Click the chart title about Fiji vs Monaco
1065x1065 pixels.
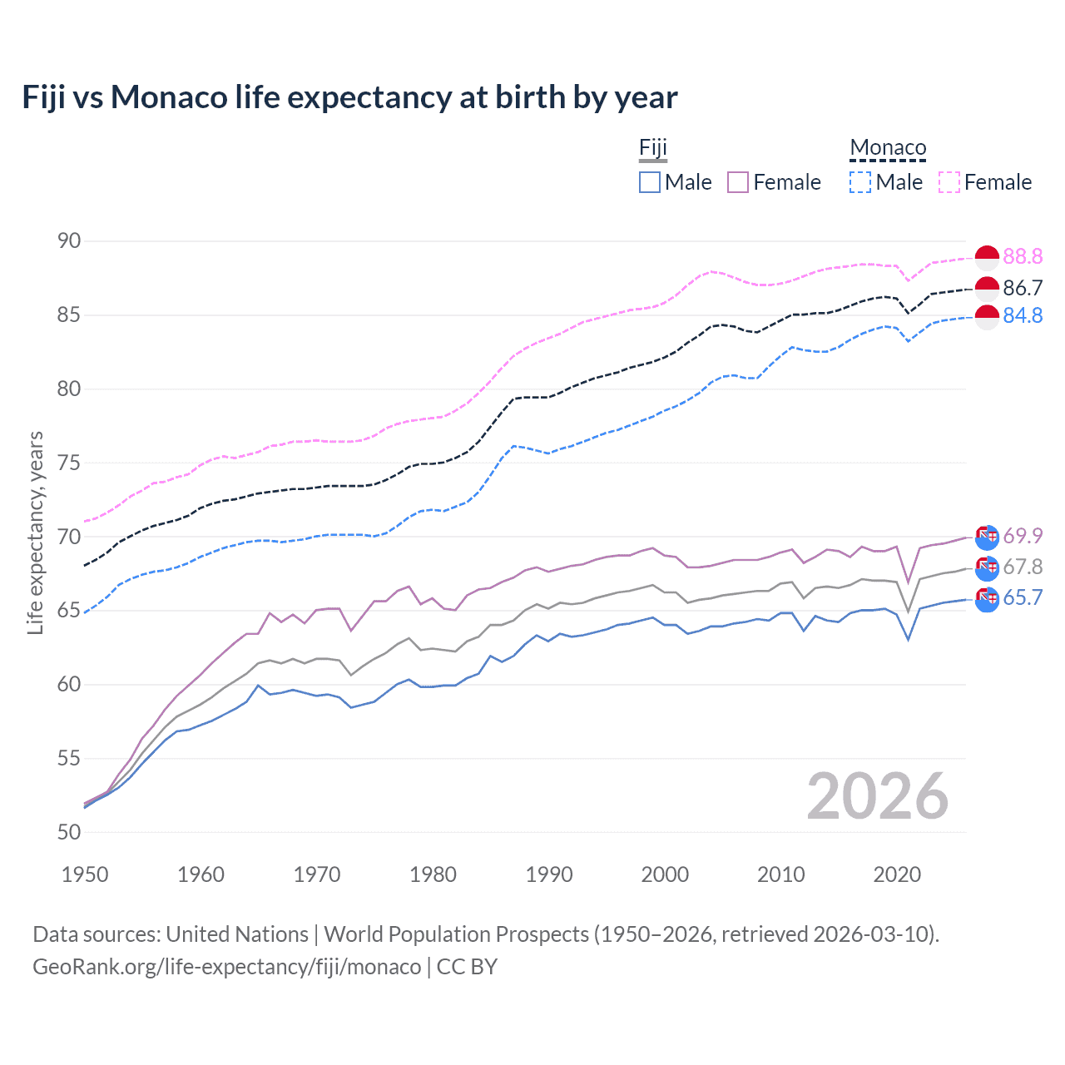[349, 97]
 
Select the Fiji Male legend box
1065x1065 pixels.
[650, 182]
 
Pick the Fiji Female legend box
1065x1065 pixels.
[738, 182]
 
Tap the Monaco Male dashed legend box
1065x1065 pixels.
[860, 182]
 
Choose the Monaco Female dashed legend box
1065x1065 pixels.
[949, 182]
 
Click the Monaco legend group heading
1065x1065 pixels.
[888, 148]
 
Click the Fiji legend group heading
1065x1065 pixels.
[653, 148]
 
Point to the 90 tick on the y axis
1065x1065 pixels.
[69, 241]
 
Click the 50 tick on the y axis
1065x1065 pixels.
[69, 832]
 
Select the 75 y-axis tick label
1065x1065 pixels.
[69, 463]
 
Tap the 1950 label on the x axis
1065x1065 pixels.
[85, 874]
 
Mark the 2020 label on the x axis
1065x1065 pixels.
[897, 874]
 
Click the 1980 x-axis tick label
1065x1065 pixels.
[433, 874]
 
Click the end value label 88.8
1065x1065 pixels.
[1023, 256]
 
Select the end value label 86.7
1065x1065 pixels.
[1023, 288]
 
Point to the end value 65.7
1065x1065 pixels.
[1023, 598]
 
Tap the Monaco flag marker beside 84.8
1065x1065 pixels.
[987, 317]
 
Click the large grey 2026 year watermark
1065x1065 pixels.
[877, 796]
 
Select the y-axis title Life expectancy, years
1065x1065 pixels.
[36, 532]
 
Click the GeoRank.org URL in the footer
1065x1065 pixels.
[226, 967]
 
